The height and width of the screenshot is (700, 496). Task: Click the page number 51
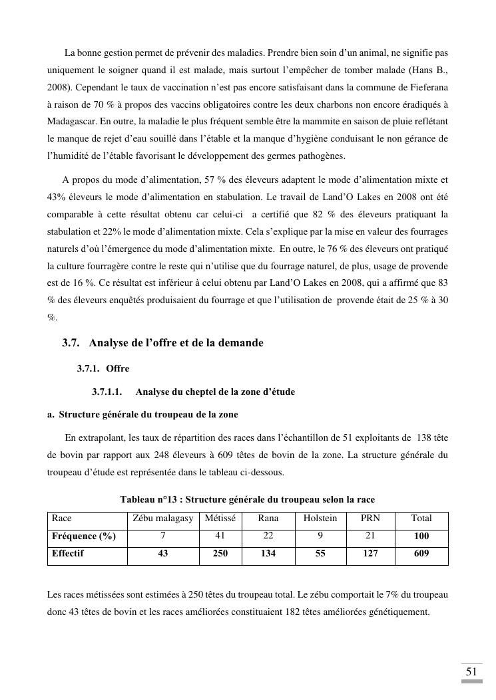(471, 672)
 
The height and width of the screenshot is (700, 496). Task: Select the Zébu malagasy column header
(163, 519)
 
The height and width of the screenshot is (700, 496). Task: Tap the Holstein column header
(320, 519)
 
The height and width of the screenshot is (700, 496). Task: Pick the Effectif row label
(68, 553)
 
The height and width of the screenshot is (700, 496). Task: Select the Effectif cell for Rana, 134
(268, 553)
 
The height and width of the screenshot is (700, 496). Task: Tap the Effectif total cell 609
(421, 553)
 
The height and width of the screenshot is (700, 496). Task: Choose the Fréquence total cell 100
(421, 536)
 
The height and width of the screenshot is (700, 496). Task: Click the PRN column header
(370, 519)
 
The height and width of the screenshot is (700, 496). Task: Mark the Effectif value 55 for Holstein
(320, 553)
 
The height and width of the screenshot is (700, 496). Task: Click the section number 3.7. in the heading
(71, 343)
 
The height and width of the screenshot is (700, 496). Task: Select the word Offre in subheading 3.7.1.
(117, 368)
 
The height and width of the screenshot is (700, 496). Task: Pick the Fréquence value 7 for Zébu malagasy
(163, 536)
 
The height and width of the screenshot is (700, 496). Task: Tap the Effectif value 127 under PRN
(370, 553)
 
